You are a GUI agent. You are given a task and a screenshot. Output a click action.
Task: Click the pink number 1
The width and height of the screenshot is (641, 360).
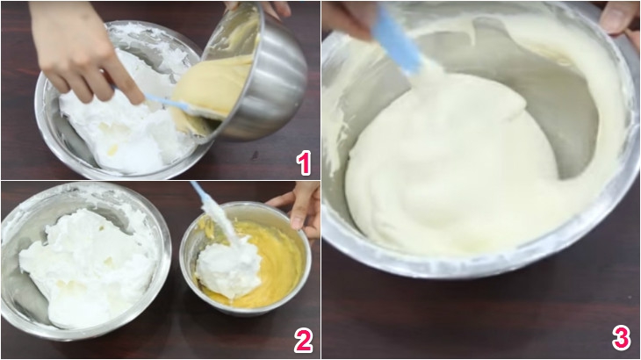point(303,162)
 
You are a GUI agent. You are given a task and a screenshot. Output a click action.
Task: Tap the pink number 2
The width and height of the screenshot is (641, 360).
point(303,341)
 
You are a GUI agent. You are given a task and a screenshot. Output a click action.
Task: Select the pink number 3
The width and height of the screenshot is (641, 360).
point(620,338)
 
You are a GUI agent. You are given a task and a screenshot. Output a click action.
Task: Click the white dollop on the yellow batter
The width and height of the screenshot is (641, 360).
point(228,268)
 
